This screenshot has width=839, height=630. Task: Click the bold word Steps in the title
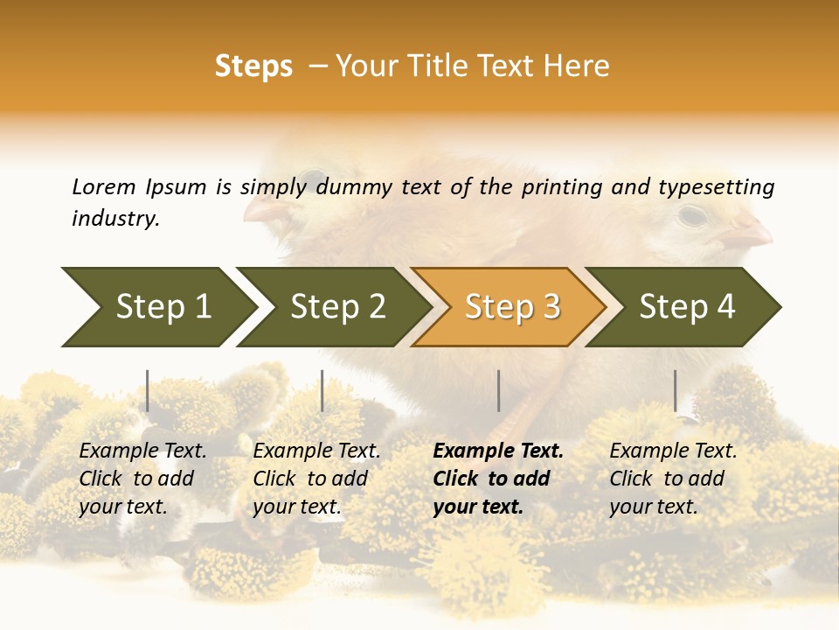pos(253,66)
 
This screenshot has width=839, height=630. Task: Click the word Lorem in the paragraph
pos(104,186)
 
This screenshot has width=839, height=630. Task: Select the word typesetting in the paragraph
pos(716,186)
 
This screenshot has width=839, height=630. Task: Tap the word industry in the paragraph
pos(115,219)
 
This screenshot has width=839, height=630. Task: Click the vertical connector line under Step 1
pos(148,390)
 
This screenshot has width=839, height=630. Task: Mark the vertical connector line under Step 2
pos(322,390)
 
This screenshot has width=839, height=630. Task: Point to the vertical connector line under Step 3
pos(498,390)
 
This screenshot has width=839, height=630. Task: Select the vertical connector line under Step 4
pos(675,390)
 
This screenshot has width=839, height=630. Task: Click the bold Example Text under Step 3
pos(498,451)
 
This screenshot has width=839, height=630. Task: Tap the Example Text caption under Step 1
pos(142,451)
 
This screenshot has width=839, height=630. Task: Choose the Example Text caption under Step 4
pos(673,451)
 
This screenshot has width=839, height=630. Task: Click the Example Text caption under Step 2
pos(316,451)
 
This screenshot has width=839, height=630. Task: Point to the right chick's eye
pos(691,213)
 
